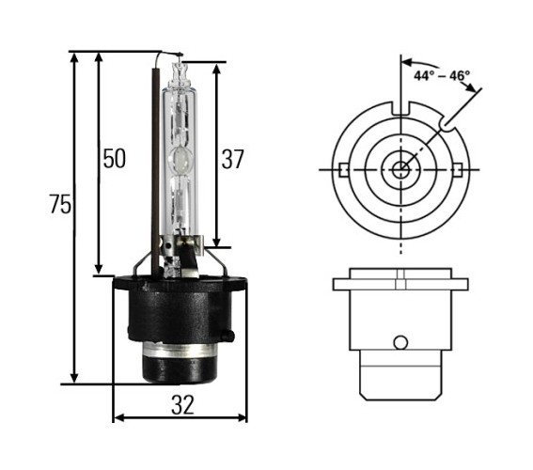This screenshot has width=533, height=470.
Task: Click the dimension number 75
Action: tap(60, 204)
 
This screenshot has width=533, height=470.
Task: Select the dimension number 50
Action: tap(115, 159)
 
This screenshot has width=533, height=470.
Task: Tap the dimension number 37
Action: tap(233, 159)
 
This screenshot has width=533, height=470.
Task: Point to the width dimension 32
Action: tap(183, 405)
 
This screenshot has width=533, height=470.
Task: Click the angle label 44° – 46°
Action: tap(442, 75)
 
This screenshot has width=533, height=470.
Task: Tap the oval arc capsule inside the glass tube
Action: tap(180, 160)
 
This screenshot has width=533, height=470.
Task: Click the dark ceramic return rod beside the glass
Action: tap(155, 172)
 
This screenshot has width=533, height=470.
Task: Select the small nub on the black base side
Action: tap(228, 335)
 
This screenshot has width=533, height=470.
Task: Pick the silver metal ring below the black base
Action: tap(180, 350)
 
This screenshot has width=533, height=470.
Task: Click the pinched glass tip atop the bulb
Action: tap(180, 72)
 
